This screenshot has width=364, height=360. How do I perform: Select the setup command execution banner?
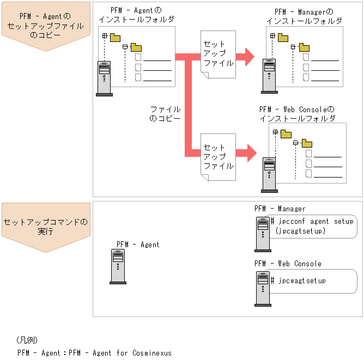click(46, 227)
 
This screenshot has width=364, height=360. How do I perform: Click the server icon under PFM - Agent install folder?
click(104, 78)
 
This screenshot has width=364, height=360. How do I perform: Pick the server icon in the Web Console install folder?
click(269, 175)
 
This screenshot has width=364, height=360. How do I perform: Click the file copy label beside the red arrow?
click(165, 113)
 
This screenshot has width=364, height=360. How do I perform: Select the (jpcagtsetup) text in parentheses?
click(300, 231)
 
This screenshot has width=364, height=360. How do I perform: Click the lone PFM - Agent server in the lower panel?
click(118, 267)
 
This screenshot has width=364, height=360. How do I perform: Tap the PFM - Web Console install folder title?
click(297, 114)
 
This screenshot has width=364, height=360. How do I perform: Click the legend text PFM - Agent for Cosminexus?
click(94, 353)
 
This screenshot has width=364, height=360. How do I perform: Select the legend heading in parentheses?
click(27, 340)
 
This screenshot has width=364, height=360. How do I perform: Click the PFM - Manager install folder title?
click(304, 16)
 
